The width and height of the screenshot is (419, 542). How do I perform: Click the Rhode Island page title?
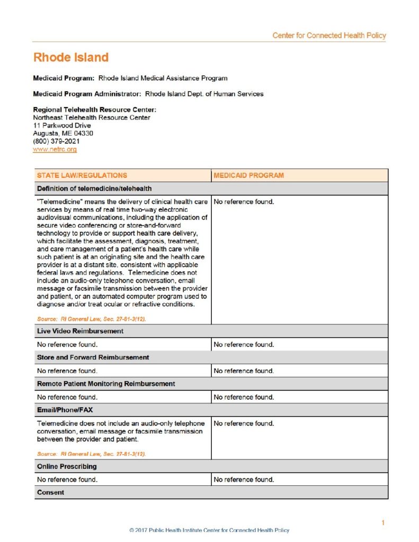(70, 57)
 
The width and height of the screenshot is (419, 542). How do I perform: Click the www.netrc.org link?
(55, 150)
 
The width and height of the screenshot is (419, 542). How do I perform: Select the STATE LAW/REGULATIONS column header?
(82, 175)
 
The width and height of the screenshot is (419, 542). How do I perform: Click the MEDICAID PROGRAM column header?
(248, 175)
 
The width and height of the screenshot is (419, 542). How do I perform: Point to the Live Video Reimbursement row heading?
(80, 331)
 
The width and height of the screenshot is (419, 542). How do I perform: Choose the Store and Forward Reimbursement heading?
(93, 357)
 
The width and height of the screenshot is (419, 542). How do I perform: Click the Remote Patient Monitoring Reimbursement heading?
(106, 383)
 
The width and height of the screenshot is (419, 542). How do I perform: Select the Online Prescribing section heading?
(67, 466)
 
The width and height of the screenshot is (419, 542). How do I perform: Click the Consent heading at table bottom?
(50, 492)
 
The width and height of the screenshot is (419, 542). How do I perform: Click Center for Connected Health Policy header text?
(329, 35)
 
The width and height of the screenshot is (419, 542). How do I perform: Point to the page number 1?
(382, 523)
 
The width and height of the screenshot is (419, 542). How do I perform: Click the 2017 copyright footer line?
(209, 530)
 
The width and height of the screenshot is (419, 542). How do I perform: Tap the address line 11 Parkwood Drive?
(61, 125)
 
